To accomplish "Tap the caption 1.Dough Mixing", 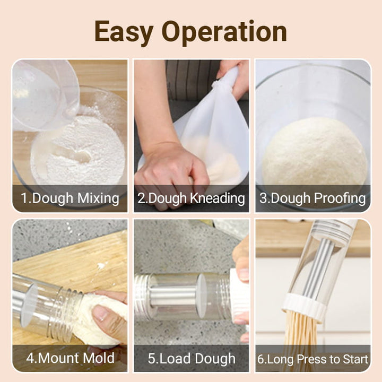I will point(70,198).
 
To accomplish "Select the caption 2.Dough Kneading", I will point(191,198).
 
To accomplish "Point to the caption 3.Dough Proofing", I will point(312,198).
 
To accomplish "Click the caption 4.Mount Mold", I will point(70,358).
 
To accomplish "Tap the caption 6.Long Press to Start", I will point(312,359).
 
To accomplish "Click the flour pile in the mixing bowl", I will point(80,154).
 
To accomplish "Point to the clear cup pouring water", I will point(42,93).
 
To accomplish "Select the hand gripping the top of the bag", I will point(233,74).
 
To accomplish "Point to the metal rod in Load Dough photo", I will point(170,297).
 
